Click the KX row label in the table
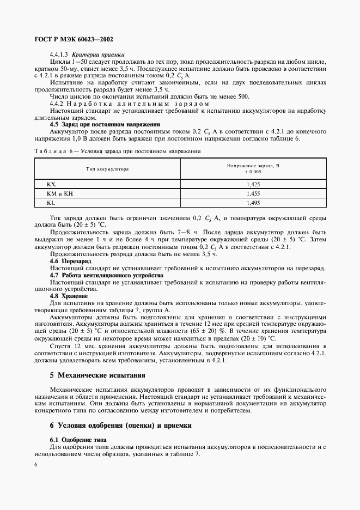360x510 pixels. click(52, 185)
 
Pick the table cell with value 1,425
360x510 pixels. click(253, 185)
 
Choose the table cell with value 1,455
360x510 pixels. click(253, 193)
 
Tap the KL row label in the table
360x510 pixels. click(51, 202)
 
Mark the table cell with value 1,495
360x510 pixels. click(253, 202)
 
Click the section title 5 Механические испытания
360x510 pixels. click(98, 375)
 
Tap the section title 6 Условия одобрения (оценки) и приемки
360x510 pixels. click(120, 425)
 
